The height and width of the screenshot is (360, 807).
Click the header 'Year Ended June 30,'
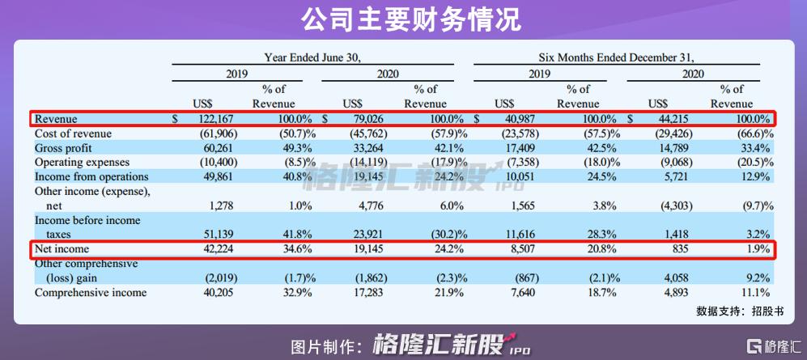coord(312,57)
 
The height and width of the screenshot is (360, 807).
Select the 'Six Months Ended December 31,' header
coord(617,57)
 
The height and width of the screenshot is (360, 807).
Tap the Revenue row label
coord(56,119)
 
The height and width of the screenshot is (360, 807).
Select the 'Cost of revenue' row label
coord(73,133)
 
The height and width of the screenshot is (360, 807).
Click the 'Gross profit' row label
coord(64,148)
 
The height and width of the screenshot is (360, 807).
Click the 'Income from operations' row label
coord(91,176)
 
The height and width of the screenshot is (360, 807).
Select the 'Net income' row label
coord(62,249)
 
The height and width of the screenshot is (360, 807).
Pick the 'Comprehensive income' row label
coord(91,292)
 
